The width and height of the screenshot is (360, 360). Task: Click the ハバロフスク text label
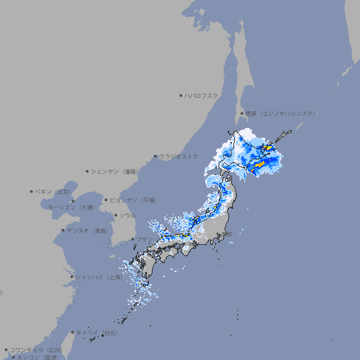point(202,95)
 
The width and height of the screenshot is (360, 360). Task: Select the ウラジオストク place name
point(179,156)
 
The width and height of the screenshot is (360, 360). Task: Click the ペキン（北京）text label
point(53,191)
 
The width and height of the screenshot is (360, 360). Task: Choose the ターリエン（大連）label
point(70,207)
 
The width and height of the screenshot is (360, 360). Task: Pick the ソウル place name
point(127,215)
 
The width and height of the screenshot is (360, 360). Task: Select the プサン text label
point(143,239)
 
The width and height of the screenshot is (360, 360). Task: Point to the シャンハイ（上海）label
point(99,277)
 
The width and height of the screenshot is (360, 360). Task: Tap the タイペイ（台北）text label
point(98,332)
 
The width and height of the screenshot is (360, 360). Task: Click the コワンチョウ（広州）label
point(35,349)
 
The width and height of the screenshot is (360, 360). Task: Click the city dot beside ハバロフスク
point(181,95)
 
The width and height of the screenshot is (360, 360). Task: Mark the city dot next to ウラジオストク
point(155,156)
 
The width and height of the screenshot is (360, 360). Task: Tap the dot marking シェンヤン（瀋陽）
point(87,171)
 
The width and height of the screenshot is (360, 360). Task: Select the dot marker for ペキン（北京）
point(32,191)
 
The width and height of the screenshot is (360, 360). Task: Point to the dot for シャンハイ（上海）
point(72,277)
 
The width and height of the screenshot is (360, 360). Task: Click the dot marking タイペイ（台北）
point(73,332)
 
